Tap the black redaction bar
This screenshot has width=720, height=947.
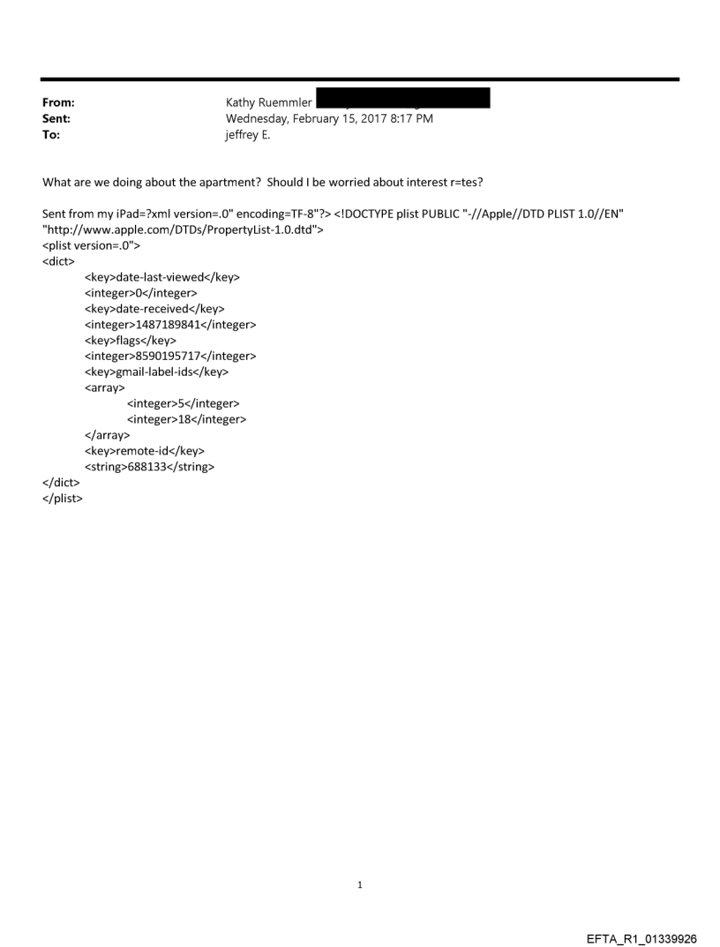point(402,98)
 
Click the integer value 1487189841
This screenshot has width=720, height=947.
point(169,325)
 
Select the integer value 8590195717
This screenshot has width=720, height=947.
point(169,357)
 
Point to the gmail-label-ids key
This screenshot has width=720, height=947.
point(157,372)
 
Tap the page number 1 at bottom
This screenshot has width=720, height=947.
point(360,885)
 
